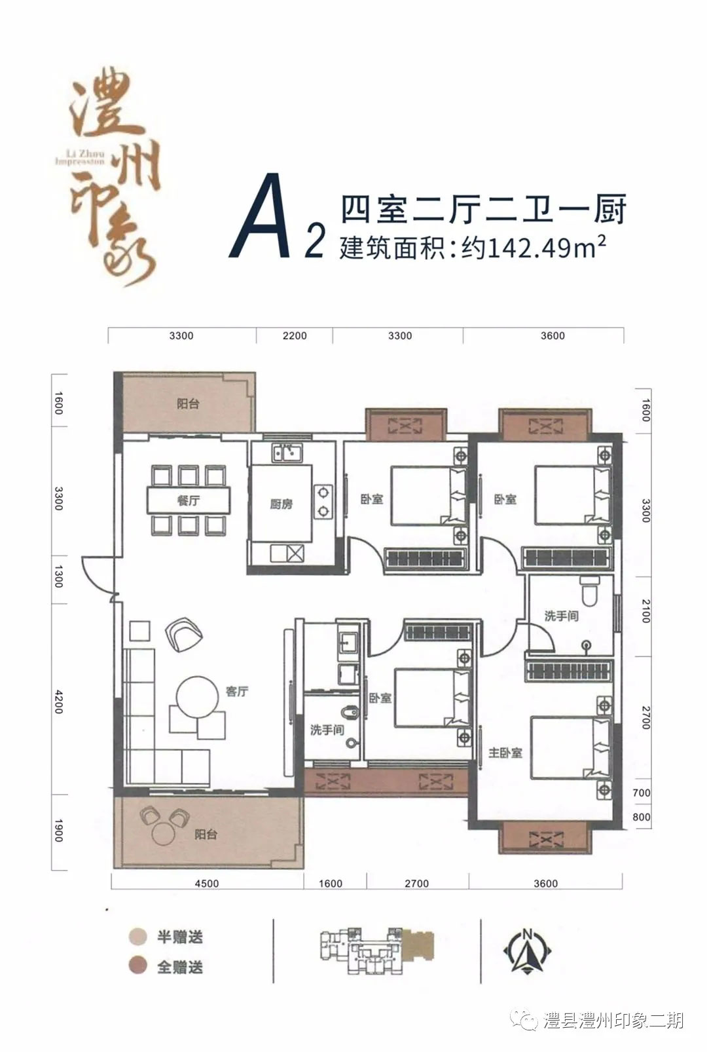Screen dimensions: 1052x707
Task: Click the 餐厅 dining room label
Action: click(189, 500)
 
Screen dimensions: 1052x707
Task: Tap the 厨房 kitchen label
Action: click(281, 504)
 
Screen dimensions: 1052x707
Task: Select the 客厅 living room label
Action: click(237, 691)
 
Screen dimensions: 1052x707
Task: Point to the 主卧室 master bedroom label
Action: click(505, 753)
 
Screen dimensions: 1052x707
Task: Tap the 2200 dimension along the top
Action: click(295, 335)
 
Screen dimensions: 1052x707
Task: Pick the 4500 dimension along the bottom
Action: click(207, 883)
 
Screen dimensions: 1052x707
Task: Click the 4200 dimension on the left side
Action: click(59, 702)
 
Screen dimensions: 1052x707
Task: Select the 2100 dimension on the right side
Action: click(645, 611)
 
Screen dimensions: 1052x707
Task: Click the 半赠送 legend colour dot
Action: click(138, 936)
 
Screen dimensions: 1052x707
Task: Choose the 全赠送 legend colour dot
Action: click(138, 966)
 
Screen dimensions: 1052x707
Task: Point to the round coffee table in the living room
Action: click(197, 698)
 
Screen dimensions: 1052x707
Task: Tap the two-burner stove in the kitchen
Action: click(323, 501)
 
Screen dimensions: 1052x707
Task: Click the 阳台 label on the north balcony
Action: click(188, 404)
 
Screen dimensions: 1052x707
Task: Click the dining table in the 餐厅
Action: click(189, 500)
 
